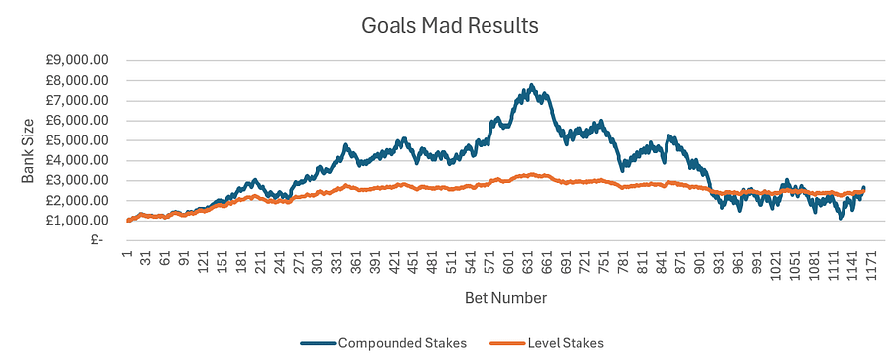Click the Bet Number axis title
tap(505, 296)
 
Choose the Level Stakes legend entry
tap(560, 342)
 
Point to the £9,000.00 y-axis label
tap(77, 60)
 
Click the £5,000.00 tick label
tap(77, 140)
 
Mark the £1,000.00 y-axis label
tap(77, 220)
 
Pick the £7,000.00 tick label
tap(77, 100)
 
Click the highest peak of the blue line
tap(532, 85)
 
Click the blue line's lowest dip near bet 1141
tap(841, 217)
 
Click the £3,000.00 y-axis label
tap(77, 180)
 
